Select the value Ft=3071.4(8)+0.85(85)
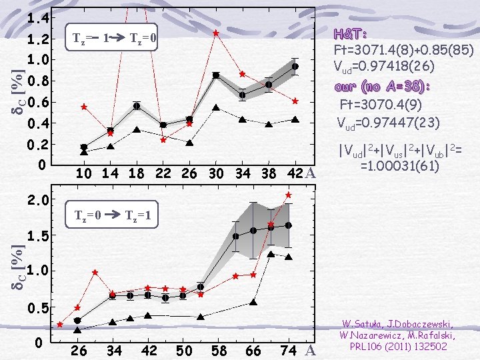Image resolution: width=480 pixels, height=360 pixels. tap(403, 50)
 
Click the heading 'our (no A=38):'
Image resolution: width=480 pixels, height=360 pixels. tap(382, 87)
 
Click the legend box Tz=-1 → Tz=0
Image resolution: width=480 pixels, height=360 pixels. tap(111, 40)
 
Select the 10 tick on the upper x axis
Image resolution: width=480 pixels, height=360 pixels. tap(84, 174)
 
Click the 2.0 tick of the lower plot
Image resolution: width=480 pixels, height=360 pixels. tap(41, 199)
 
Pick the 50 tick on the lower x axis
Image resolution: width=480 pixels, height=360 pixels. tap(185, 351)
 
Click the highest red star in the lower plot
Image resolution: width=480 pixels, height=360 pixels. tap(289, 195)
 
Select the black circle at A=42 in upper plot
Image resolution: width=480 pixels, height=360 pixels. tap(295, 67)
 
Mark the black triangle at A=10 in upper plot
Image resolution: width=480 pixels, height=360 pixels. tap(84, 153)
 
